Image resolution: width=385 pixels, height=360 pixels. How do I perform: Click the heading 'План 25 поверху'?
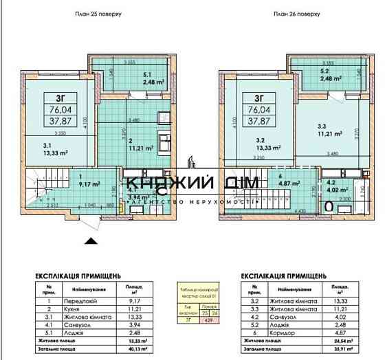pos(97,14)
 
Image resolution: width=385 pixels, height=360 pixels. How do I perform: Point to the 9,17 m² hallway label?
pos(91,184)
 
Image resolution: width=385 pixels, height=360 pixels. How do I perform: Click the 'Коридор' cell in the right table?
pos(269,332)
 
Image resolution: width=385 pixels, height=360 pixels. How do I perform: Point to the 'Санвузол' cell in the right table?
pos(271,316)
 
